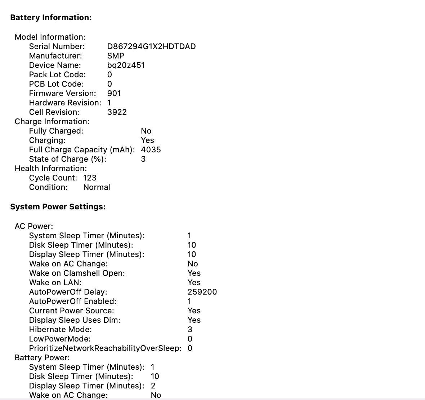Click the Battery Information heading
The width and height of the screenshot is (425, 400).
51,17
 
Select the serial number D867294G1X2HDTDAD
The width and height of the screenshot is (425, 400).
151,46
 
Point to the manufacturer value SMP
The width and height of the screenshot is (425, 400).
116,56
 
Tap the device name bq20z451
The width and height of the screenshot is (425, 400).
126,65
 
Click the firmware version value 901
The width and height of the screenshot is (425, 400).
114,93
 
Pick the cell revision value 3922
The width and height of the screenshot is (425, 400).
117,112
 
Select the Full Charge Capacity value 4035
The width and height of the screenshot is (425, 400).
151,149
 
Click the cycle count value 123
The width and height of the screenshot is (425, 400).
90,178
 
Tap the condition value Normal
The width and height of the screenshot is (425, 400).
97,187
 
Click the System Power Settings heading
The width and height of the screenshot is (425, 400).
58,206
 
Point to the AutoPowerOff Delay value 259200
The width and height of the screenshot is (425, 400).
202,292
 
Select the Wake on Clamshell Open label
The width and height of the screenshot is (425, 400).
77,273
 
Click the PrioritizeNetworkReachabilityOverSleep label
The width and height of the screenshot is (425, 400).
105,348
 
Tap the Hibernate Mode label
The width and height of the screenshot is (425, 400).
60,329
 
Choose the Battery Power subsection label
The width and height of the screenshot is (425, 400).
42,357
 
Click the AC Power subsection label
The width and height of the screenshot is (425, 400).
34,226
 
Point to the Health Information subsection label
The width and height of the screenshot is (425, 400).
51,168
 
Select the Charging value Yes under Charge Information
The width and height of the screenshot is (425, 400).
147,140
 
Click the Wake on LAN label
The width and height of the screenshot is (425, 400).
55,282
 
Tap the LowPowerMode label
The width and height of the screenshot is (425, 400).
60,339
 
